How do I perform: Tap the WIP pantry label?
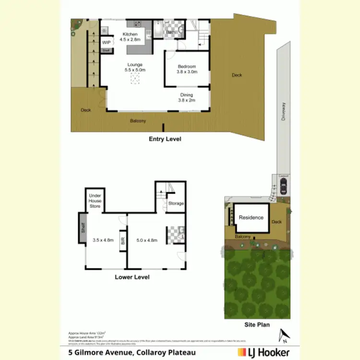click(106, 42)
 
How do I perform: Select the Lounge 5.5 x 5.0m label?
click(135, 67)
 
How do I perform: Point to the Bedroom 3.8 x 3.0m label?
click(187, 69)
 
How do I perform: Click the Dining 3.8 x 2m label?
click(187, 97)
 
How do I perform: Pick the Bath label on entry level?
click(170, 33)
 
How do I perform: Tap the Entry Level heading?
click(165, 139)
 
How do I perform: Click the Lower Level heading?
click(132, 277)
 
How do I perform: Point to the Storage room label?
click(176, 204)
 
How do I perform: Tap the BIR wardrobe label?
click(123, 241)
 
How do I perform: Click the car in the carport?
click(283, 188)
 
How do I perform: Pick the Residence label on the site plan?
click(251, 217)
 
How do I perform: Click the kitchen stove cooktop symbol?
click(136, 24)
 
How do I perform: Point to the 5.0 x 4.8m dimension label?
click(147, 240)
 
